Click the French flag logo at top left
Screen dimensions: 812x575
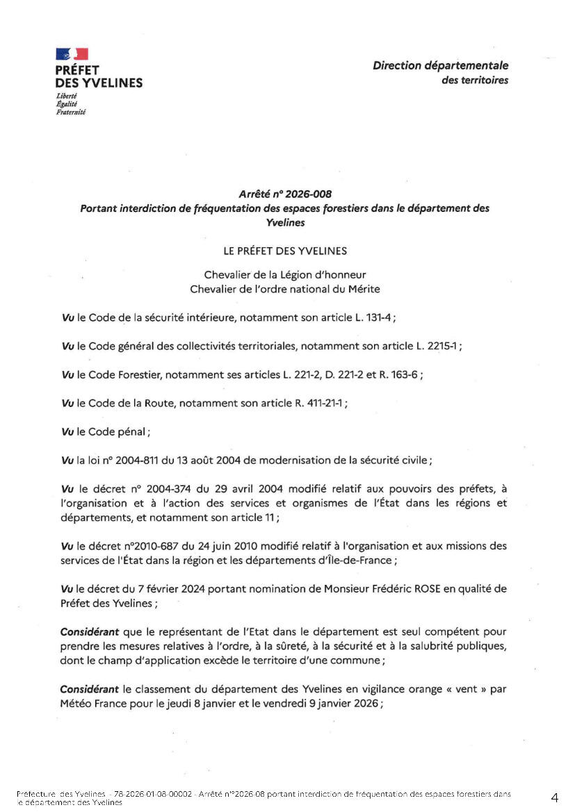72,53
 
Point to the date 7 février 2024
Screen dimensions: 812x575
153,589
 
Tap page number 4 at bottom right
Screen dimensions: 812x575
554,797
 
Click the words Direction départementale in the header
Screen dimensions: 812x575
440,66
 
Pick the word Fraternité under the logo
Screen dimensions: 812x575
71,112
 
